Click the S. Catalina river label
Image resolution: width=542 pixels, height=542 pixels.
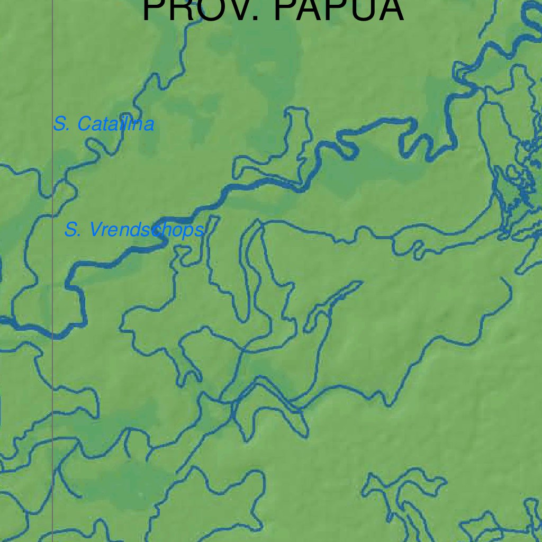click(104, 124)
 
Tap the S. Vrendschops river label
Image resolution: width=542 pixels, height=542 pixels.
click(134, 230)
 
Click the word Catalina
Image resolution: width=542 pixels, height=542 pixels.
click(116, 124)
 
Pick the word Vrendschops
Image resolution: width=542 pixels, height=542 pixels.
click(146, 230)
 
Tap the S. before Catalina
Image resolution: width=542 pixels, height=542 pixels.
click(61, 124)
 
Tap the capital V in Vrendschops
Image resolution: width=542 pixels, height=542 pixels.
click(95, 230)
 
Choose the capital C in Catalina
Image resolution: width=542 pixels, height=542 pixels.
click(85, 124)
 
